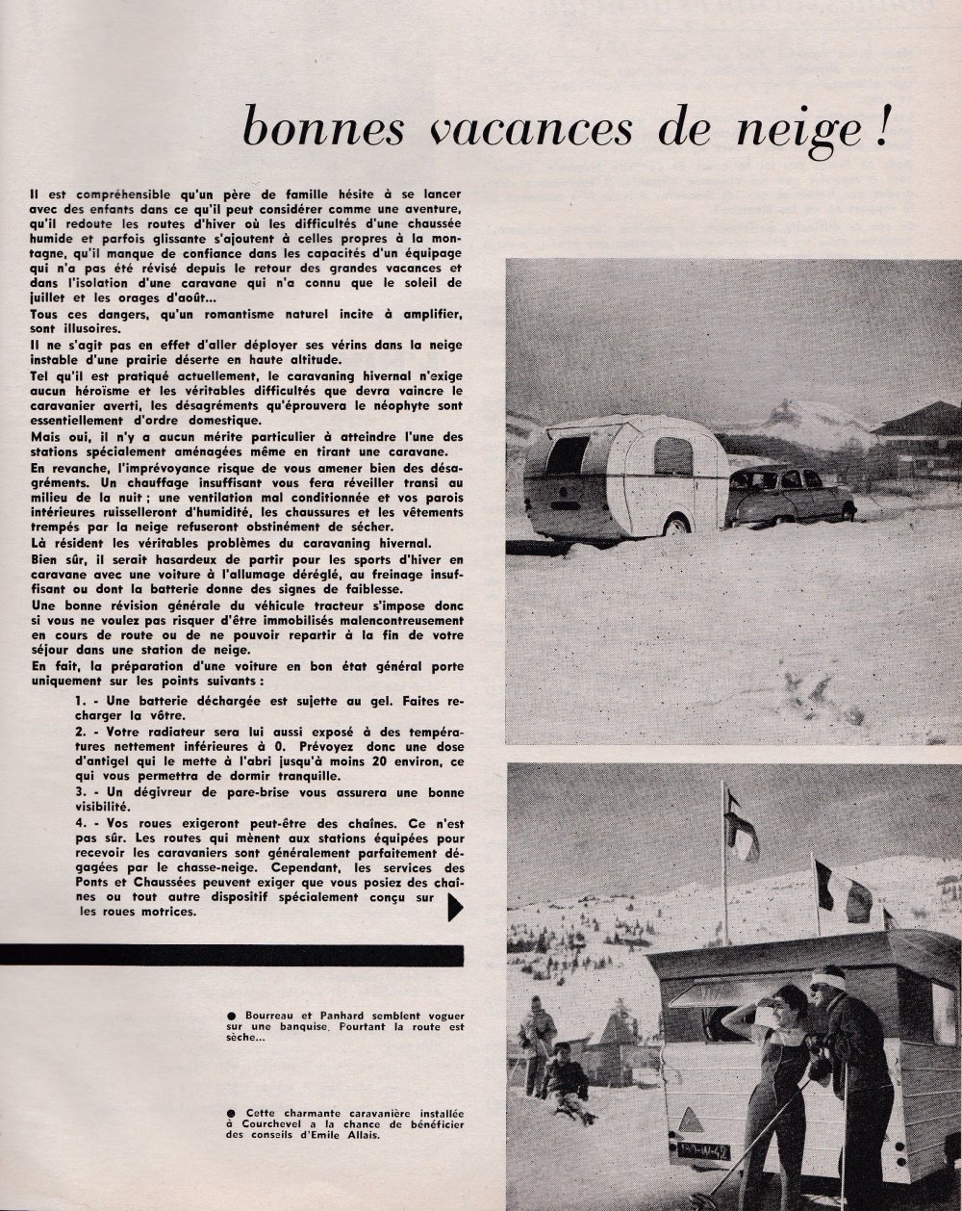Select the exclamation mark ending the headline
coord(881,127)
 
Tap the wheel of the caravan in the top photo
coord(676,524)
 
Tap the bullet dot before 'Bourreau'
coord(223,1018)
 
